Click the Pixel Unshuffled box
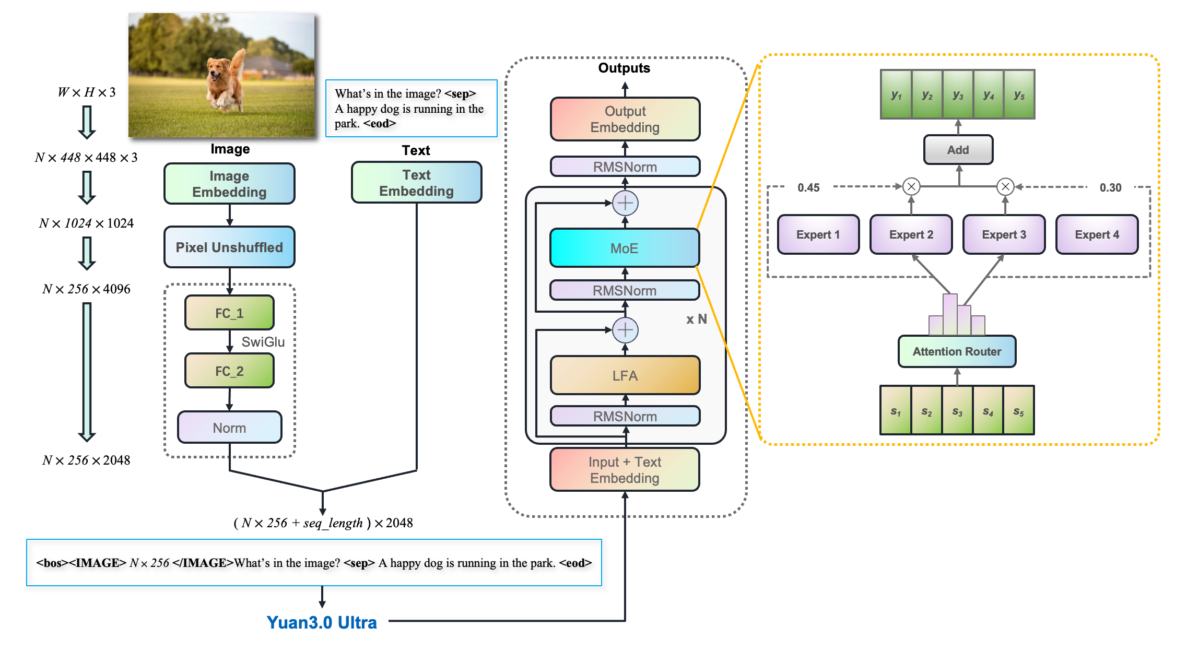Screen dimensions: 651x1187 [x=229, y=247]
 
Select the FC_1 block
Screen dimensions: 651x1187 [x=229, y=313]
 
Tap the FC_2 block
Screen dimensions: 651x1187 [x=229, y=371]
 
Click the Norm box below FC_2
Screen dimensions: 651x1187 [x=229, y=428]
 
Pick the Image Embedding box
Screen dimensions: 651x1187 [x=229, y=184]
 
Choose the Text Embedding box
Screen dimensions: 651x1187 [x=416, y=183]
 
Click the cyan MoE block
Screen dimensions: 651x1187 [x=625, y=248]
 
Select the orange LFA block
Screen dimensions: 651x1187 [x=625, y=375]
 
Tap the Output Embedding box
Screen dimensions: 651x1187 [x=625, y=119]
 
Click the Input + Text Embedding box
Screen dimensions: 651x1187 [x=625, y=470]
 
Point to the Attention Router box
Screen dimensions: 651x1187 [x=957, y=351]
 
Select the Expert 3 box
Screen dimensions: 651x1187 [x=1004, y=234]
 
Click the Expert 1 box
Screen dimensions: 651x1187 [x=818, y=234]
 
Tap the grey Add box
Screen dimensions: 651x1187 [x=958, y=150]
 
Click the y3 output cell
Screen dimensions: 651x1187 [x=958, y=95]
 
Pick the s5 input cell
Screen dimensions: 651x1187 [x=1018, y=411]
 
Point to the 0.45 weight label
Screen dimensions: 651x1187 [x=808, y=187]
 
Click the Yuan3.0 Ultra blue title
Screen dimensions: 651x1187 [x=322, y=622]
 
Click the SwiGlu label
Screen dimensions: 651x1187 [x=263, y=342]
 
